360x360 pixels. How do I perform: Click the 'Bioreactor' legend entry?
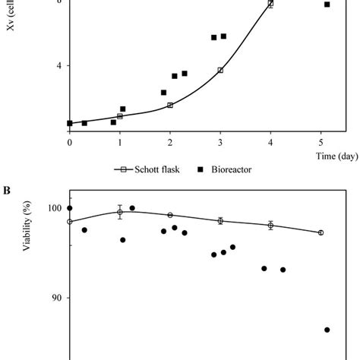click(x=227, y=169)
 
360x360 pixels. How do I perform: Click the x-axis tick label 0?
click(x=70, y=142)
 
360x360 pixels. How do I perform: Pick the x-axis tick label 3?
click(x=220, y=142)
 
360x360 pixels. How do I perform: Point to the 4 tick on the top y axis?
click(x=58, y=66)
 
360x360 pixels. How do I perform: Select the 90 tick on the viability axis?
click(x=55, y=298)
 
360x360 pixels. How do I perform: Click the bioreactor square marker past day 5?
click(x=327, y=5)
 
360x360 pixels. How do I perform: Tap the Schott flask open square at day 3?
click(x=220, y=70)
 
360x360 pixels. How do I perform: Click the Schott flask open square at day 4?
click(x=270, y=5)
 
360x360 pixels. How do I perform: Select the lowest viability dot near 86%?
click(x=327, y=330)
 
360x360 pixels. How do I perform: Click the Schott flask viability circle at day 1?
click(x=120, y=213)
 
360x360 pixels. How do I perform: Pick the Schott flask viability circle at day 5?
click(x=321, y=232)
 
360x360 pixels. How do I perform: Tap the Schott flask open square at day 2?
click(x=170, y=105)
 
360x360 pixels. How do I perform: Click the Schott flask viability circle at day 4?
click(x=270, y=225)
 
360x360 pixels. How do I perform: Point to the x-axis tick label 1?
click(x=120, y=142)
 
